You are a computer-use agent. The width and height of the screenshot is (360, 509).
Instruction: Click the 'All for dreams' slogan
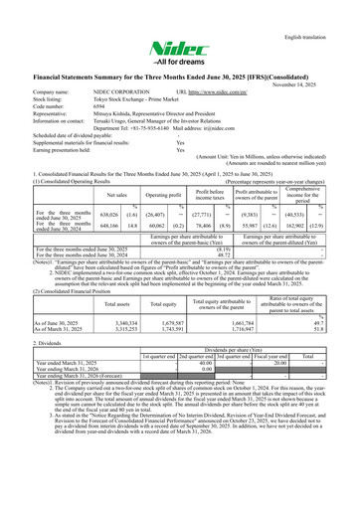(180, 68)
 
